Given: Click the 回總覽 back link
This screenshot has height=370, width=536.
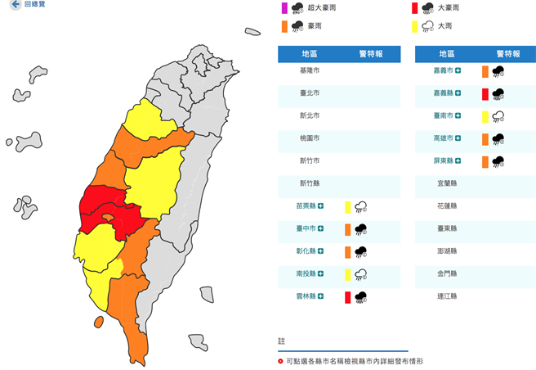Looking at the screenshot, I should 29,5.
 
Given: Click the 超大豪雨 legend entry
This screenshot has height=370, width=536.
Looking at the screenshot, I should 319,8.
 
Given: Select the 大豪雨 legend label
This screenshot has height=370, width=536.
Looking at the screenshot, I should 449,8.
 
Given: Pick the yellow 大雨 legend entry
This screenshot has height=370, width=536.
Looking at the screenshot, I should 444,26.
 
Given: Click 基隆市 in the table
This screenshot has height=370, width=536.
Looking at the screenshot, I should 310,71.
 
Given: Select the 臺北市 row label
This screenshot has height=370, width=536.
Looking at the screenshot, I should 310,94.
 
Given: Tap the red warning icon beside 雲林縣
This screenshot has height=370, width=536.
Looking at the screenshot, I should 347,297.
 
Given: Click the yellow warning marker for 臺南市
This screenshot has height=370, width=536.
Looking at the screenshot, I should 485,116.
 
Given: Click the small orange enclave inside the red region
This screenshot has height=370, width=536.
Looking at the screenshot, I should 107,219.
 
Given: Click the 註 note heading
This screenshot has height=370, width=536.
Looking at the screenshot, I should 281,340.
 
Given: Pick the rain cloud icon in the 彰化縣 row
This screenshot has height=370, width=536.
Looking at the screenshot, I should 360,252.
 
